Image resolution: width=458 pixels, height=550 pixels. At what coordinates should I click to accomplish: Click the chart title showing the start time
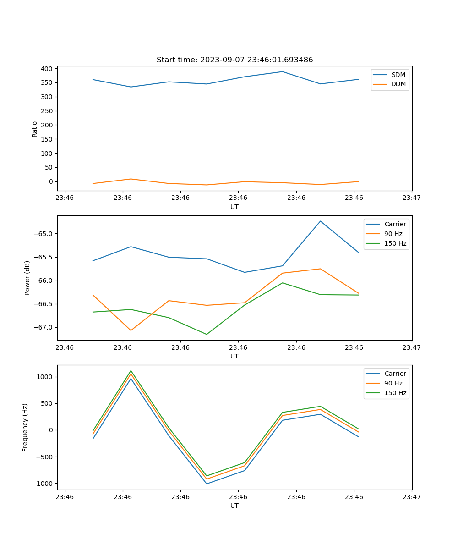(234, 60)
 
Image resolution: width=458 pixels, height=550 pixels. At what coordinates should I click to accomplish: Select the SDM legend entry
(398, 75)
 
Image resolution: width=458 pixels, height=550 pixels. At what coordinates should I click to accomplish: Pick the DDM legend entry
(398, 84)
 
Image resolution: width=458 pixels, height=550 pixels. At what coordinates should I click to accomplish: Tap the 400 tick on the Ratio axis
(47, 69)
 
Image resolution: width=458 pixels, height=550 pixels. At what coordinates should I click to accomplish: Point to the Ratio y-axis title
(35, 129)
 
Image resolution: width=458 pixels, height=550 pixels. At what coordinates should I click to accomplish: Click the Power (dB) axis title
(27, 278)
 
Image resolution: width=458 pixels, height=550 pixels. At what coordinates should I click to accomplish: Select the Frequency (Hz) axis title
(25, 427)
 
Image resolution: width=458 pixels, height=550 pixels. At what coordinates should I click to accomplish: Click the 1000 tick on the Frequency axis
(45, 377)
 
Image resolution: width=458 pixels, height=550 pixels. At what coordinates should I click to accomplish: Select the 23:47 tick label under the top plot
(412, 198)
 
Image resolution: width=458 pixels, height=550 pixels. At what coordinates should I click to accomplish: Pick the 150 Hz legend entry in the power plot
(395, 243)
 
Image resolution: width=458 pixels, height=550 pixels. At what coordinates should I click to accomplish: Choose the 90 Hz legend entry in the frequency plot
(393, 383)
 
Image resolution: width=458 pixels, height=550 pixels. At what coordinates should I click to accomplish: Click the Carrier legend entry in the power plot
(395, 224)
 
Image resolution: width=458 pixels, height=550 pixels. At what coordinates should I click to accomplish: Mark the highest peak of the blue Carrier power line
(320, 221)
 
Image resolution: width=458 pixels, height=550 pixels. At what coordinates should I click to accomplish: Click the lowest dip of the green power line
(207, 334)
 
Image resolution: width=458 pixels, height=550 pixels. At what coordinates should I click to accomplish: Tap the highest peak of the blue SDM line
(283, 71)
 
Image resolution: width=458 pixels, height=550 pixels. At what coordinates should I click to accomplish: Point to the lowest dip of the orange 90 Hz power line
(131, 330)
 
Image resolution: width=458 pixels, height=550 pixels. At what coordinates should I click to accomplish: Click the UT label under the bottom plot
(234, 506)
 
